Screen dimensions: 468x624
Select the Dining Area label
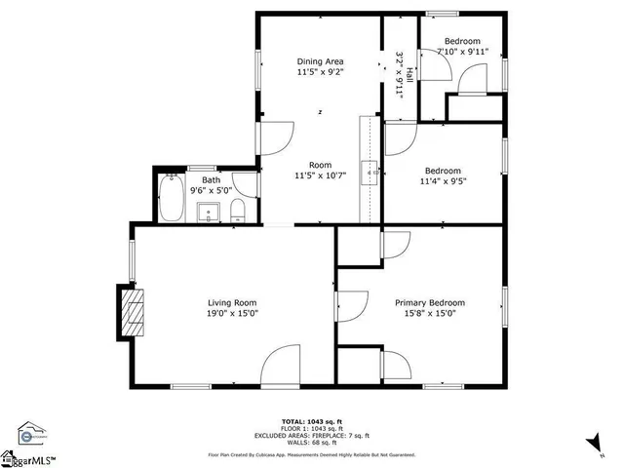[x=320, y=61]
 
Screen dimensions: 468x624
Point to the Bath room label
[x=211, y=180]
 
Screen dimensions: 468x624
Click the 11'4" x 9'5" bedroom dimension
[x=443, y=180]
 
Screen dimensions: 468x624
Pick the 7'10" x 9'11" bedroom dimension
[x=462, y=51]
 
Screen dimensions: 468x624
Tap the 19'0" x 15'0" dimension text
[x=232, y=313]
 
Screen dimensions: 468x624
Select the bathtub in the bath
[x=173, y=197]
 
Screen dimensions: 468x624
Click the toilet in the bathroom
[x=237, y=210]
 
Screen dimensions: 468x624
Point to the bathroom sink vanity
[x=208, y=212]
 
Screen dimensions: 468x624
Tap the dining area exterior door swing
[x=277, y=137]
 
